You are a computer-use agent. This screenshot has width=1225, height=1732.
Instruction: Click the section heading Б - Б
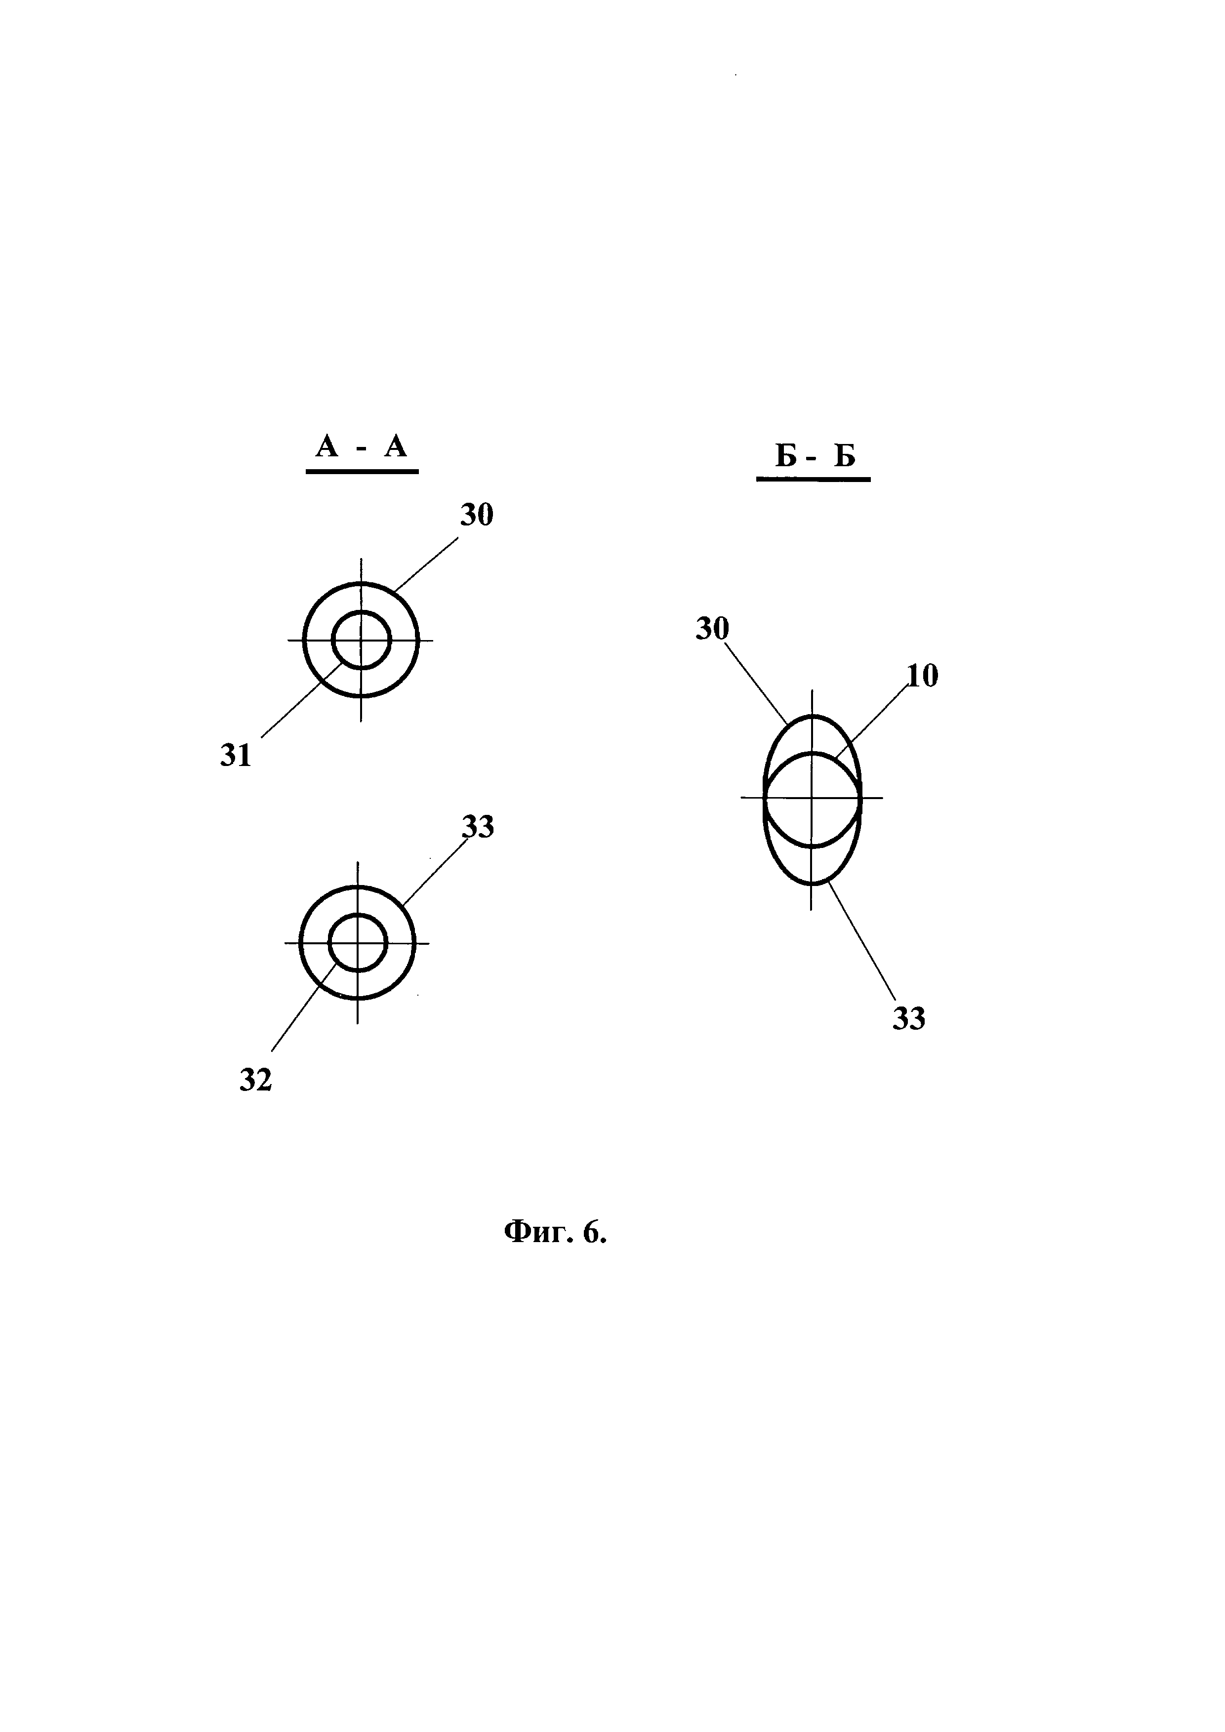click(815, 456)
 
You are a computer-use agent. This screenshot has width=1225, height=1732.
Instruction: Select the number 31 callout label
click(235, 755)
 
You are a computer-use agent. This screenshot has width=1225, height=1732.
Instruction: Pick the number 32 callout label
click(255, 1080)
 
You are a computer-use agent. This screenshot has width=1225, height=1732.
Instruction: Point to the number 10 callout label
click(922, 676)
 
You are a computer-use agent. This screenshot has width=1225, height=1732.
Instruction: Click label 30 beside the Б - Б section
click(712, 628)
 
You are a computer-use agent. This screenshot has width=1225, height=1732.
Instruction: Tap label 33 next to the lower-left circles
click(478, 828)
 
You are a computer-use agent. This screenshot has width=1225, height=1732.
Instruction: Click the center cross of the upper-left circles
click(361, 641)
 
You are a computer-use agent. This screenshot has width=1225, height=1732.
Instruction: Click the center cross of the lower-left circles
click(358, 943)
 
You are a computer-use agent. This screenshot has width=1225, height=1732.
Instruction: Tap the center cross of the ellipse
click(813, 798)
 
